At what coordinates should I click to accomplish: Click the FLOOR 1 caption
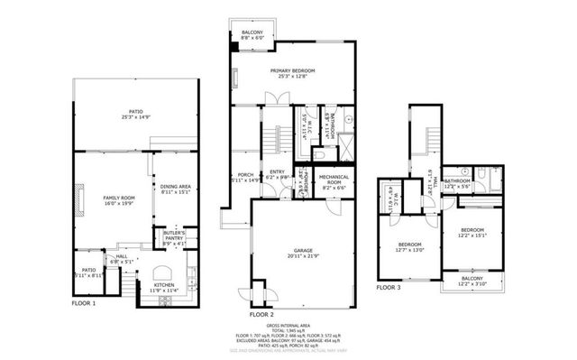84,304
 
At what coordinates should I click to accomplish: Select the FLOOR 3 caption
389,287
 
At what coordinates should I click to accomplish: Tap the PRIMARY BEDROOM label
293,74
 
